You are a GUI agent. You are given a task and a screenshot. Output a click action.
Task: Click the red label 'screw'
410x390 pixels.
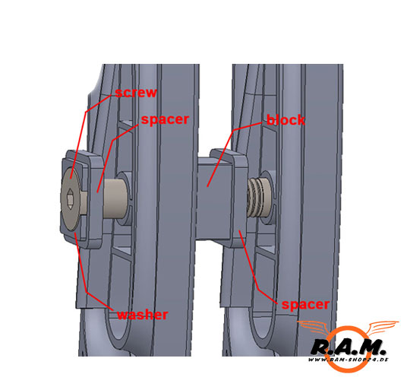[136, 93]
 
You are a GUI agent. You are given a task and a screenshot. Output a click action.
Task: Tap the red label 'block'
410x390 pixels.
[285, 120]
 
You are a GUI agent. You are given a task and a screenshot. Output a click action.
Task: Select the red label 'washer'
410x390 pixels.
[142, 315]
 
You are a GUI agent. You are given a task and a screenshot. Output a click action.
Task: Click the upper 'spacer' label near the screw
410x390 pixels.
[165, 119]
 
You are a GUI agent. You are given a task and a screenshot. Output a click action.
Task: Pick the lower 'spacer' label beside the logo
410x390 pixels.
[305, 304]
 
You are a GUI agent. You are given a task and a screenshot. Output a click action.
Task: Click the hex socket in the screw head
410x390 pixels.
[70, 199]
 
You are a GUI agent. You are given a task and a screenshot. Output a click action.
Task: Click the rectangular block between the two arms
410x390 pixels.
[214, 198]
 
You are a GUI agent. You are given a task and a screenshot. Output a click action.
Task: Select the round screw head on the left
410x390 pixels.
[70, 199]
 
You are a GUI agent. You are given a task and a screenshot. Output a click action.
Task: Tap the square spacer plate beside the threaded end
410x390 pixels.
[238, 198]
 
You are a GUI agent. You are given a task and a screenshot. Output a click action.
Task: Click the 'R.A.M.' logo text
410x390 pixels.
[348, 347]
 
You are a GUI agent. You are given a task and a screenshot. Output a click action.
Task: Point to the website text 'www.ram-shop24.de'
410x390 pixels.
[348, 360]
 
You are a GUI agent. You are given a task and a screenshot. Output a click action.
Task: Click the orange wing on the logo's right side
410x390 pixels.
[382, 328]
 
